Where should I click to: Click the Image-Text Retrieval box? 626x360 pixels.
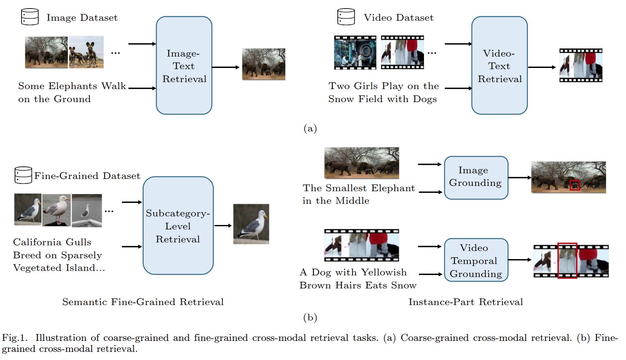(184, 65)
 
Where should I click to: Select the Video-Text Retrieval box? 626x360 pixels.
(499, 65)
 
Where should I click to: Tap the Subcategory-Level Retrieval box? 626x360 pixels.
(178, 226)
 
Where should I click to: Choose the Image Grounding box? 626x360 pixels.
(476, 177)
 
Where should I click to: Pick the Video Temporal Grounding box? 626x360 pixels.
(476, 260)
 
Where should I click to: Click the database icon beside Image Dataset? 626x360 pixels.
(30, 17)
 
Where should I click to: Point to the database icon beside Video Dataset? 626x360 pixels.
(346, 17)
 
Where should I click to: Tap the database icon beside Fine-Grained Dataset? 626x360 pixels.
(23, 175)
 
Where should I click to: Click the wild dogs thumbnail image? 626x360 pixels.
(86, 52)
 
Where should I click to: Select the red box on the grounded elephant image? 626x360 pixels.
(574, 185)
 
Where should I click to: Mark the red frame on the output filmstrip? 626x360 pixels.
(567, 261)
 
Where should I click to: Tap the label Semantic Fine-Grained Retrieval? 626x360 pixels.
(143, 302)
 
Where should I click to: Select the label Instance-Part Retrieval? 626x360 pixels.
(465, 302)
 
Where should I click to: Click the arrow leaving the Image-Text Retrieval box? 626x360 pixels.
(226, 67)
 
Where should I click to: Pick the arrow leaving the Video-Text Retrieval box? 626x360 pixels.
(542, 67)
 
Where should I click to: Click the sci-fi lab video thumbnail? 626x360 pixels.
(355, 52)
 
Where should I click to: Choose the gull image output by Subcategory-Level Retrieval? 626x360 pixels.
(251, 224)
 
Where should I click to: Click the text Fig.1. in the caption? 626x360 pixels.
(15, 338)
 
